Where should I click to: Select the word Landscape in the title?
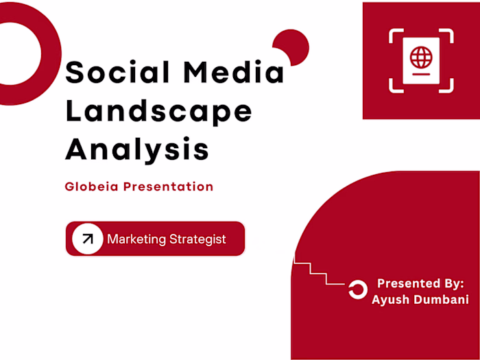click(x=158, y=110)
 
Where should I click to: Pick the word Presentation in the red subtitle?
click(x=168, y=187)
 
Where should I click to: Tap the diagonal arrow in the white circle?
click(x=87, y=239)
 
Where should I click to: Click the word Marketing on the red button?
click(x=136, y=239)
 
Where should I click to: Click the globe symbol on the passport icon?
click(x=421, y=55)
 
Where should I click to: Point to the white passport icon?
click(x=421, y=60)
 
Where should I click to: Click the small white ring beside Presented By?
click(x=357, y=290)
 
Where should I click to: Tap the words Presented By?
click(x=421, y=283)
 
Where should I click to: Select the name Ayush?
click(x=391, y=300)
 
